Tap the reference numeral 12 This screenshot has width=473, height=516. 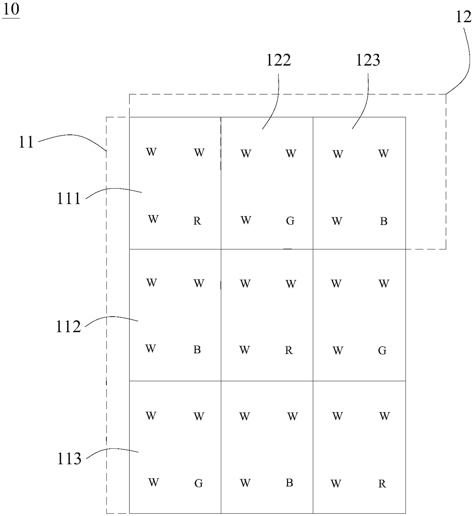(463, 17)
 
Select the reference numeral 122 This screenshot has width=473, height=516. (278, 60)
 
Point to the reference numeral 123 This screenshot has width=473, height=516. (368, 60)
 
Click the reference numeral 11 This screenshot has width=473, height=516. (26, 142)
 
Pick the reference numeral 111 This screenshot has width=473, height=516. (69, 199)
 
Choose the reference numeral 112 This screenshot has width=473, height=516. (69, 327)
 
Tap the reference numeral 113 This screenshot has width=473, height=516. (69, 459)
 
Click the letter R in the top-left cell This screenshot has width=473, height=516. (197, 221)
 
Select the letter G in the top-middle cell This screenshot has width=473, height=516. (290, 221)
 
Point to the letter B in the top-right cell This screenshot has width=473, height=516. (384, 222)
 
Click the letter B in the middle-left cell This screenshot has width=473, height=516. (197, 350)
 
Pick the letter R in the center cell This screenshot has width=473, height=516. (289, 351)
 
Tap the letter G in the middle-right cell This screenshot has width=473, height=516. (382, 351)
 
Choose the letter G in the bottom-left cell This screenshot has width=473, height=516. (198, 484)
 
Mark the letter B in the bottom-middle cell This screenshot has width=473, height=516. (289, 483)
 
